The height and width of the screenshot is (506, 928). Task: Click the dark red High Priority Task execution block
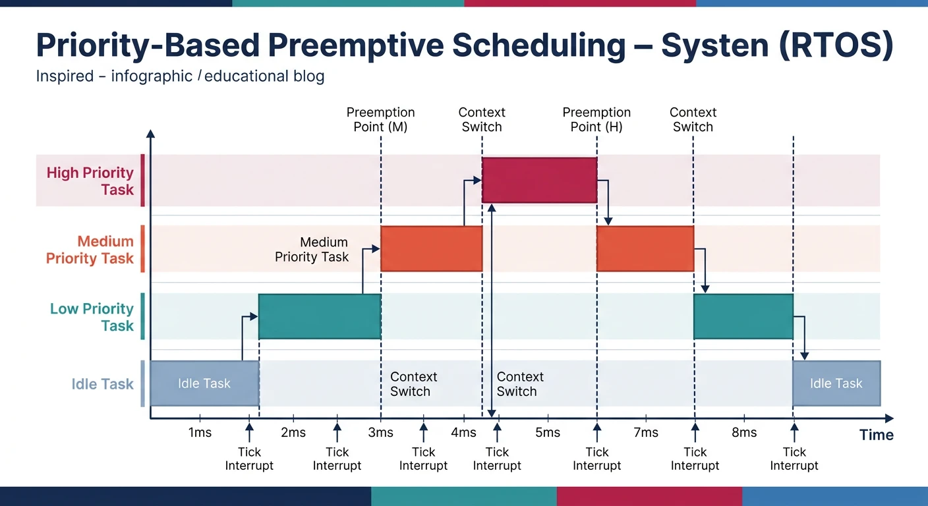coord(539,180)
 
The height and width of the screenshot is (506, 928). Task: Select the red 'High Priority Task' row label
coord(90,181)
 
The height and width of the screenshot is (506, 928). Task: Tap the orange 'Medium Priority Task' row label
coord(90,250)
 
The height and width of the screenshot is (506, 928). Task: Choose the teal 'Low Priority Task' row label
coord(92,317)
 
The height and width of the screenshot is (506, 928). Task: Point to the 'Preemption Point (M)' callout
coord(380,119)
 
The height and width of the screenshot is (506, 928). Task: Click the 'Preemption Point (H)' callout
coord(596,119)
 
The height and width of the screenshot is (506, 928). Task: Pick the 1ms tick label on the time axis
coord(200,433)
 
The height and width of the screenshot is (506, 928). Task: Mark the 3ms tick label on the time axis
coord(380,433)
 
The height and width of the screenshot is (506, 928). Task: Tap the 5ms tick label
coord(548,433)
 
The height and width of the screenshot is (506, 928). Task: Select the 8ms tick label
coord(744,433)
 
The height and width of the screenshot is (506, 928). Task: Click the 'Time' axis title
coord(877,435)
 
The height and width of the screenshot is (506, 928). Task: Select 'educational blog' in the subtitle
coord(265,76)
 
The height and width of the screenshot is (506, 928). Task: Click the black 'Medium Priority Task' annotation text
coord(312,250)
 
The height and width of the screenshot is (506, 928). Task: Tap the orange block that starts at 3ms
coord(431,248)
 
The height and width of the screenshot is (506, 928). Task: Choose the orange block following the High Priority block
coord(645,248)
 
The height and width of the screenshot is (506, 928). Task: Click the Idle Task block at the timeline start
coord(204,383)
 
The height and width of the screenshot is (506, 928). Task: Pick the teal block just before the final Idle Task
coord(743,316)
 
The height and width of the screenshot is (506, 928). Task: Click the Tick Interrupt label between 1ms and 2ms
coord(249,459)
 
